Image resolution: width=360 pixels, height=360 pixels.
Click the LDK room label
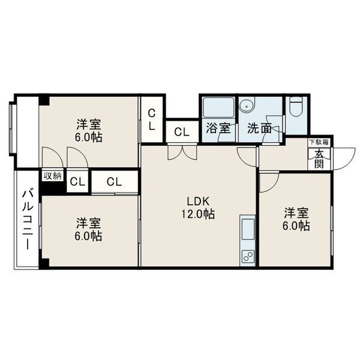(199, 202)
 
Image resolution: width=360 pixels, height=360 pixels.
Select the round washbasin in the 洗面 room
(247, 106)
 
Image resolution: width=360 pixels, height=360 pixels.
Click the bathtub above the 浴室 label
(218, 107)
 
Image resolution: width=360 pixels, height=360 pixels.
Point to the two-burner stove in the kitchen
(248, 256)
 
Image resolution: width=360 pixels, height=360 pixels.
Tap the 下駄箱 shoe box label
(319, 142)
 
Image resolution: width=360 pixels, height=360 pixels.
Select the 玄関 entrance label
(319, 159)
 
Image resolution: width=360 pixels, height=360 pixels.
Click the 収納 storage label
(53, 176)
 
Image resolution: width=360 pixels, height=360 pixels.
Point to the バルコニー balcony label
(28, 220)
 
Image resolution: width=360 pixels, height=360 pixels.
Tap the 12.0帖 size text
(199, 214)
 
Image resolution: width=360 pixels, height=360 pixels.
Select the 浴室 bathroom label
(218, 128)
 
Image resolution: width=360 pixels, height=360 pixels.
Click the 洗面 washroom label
(259, 128)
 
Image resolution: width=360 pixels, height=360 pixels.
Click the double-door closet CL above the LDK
(182, 132)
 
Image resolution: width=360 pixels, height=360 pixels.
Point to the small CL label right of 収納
(77, 182)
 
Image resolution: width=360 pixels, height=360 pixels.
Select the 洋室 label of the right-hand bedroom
(296, 213)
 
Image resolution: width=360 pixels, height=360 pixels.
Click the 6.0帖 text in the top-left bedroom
(88, 137)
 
